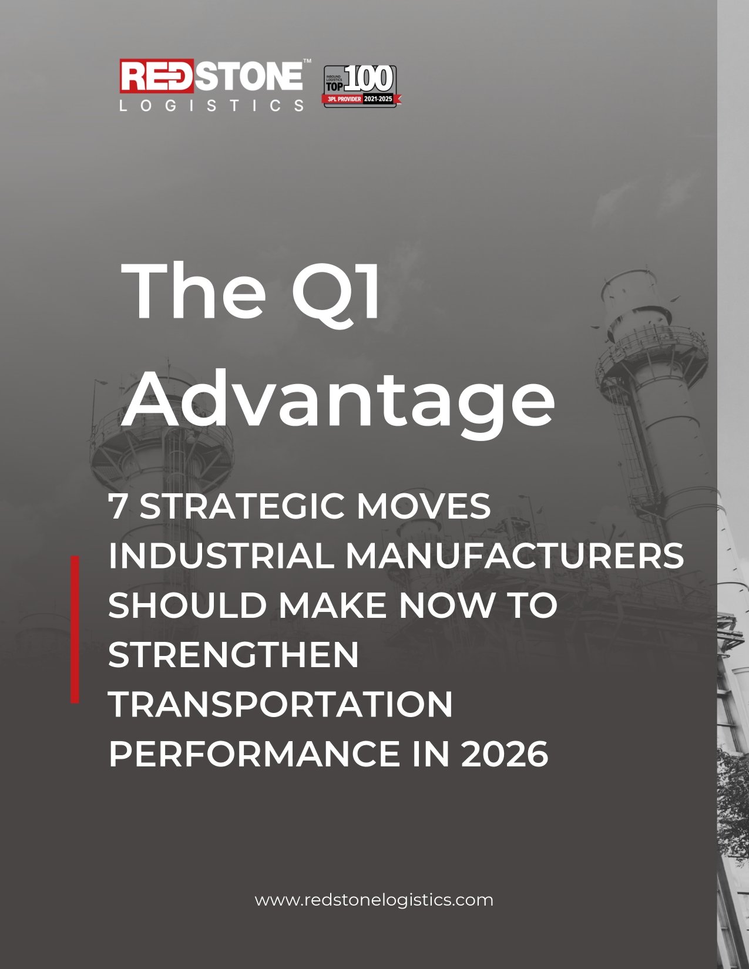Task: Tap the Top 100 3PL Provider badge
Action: coord(362,86)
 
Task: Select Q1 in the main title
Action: coord(337,292)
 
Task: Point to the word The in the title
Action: coord(194,291)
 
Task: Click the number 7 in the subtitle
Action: coord(117,506)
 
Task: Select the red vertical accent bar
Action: coord(75,629)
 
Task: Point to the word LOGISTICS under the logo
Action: coord(211,105)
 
